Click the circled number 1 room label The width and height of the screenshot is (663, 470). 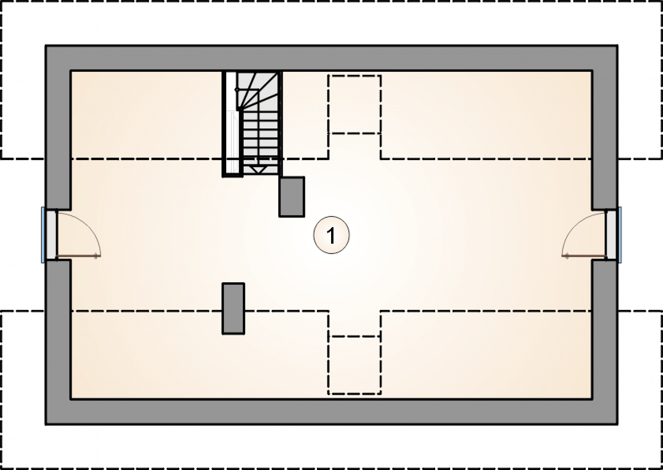331,235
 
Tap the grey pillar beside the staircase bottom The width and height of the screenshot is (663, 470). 292,197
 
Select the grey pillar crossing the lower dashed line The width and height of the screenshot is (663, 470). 234,309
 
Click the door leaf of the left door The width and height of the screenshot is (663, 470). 77,256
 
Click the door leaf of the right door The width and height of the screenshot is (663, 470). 586,256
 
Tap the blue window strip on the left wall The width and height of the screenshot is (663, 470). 43,235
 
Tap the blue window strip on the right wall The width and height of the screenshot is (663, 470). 620,235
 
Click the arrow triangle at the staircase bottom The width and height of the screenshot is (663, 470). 257,169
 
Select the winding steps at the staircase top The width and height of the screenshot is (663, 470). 257,90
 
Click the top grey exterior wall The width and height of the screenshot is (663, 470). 331,58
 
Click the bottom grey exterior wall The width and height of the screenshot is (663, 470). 331,412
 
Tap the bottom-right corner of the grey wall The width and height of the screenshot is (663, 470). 618,425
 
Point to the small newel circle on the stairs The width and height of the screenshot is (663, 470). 237,90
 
